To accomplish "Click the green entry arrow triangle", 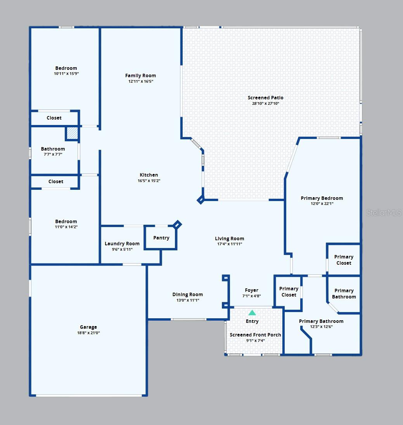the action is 252,312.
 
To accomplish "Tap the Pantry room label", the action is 161,238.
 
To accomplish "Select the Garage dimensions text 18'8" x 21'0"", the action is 88,333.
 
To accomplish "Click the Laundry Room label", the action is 122,244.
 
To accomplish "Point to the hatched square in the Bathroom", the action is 72,133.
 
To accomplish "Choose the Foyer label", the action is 252,290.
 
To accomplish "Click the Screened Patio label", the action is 265,97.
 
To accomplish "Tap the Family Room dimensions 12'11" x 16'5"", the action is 141,82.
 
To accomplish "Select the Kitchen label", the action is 149,175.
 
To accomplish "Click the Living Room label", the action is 229,239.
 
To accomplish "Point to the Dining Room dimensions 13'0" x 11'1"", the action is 188,300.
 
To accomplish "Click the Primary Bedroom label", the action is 322,198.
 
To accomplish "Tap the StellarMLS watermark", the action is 384,213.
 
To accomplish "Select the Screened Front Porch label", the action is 255,335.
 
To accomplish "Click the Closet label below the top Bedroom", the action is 54,118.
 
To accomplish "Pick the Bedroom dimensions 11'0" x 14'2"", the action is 66,227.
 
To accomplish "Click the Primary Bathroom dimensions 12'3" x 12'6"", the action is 321,327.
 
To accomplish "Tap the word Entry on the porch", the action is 252,321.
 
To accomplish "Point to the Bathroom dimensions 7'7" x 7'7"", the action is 53,154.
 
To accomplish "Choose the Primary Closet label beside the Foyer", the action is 289,291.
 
